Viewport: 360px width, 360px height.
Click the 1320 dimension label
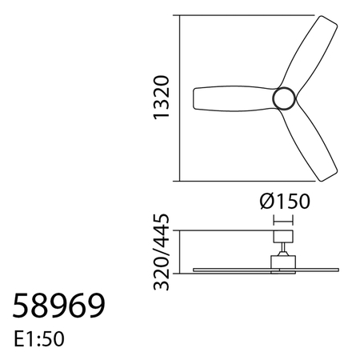162,98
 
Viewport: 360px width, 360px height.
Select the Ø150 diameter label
285,201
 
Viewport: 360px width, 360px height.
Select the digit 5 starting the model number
22,306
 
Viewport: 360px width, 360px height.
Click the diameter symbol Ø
269,201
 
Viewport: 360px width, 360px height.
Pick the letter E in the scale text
18,338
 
